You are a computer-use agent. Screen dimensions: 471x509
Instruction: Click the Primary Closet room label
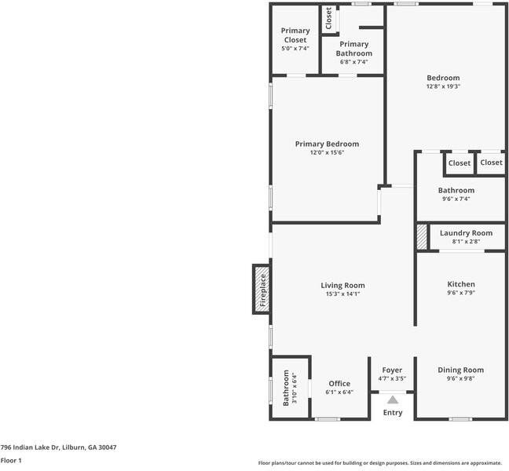295,35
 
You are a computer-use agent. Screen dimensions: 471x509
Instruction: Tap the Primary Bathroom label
353,49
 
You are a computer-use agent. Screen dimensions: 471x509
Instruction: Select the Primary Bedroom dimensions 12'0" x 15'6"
327,152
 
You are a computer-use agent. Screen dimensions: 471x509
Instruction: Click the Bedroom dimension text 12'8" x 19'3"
443,86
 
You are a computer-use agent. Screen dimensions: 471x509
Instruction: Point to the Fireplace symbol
262,290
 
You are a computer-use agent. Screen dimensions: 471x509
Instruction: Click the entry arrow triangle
392,399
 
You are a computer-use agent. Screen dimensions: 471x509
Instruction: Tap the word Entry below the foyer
392,413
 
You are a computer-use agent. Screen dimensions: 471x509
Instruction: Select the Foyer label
392,370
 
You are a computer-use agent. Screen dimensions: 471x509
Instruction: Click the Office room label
339,384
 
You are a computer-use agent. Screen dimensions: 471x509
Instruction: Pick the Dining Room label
460,370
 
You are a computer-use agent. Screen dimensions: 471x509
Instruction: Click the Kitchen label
460,284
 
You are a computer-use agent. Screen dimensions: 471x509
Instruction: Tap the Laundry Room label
466,233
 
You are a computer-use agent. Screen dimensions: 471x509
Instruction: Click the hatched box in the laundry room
423,237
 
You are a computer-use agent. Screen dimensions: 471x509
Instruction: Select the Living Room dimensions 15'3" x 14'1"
342,294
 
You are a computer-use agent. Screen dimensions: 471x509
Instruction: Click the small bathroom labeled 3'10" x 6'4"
287,389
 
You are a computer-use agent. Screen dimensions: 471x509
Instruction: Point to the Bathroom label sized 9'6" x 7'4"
456,191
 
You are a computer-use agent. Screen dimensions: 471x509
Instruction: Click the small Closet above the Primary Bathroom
328,19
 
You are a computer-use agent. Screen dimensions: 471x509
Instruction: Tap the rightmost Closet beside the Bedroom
491,162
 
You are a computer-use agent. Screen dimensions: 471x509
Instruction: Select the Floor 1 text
11,460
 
